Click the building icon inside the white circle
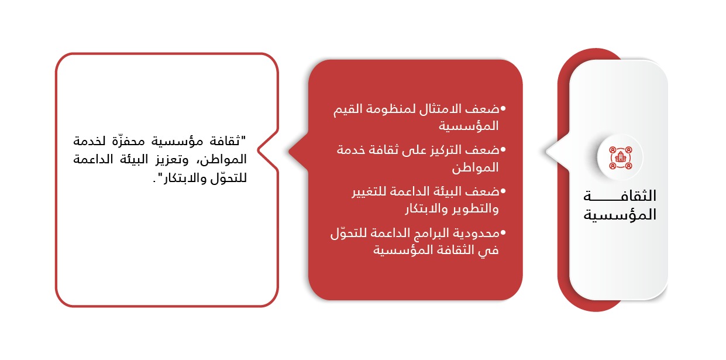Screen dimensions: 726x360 [620, 157]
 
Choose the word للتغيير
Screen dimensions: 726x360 [369, 191]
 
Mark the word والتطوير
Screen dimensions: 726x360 [474, 208]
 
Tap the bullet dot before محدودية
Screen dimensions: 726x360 [503, 232]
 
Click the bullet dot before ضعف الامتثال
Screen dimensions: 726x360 [503, 109]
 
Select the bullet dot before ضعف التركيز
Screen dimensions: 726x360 [503, 150]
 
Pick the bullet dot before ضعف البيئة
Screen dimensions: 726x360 [503, 191]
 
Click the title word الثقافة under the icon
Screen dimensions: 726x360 [620, 196]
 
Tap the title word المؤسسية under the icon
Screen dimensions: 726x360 [620, 215]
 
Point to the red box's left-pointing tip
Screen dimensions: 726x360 [289, 151]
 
